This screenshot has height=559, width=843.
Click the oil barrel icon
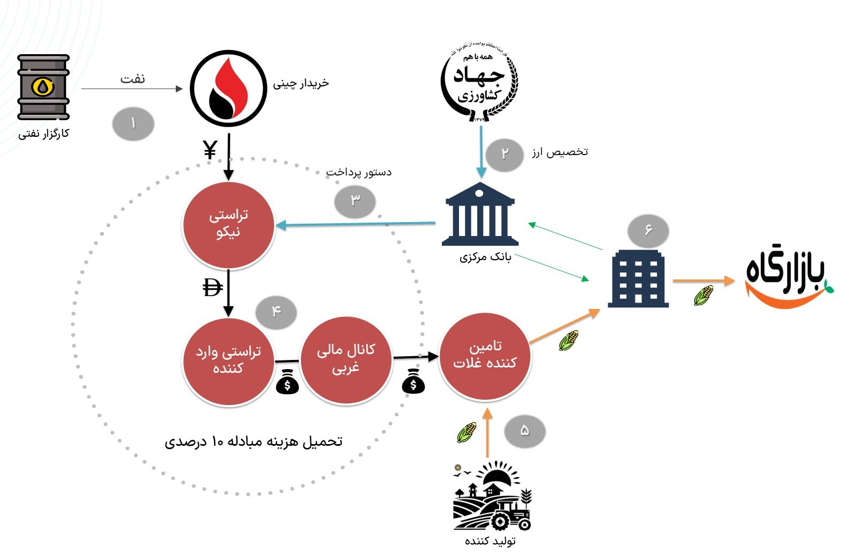pyautogui.click(x=43, y=87)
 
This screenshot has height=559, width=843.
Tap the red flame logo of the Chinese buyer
pyautogui.click(x=228, y=89)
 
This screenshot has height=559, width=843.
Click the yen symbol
pyautogui.click(x=210, y=150)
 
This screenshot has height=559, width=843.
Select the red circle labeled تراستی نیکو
pyautogui.click(x=228, y=225)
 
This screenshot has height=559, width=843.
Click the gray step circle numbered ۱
pyautogui.click(x=133, y=124)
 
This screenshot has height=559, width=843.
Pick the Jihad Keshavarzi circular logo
pyautogui.click(x=479, y=81)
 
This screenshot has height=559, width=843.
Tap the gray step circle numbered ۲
pyautogui.click(x=504, y=155)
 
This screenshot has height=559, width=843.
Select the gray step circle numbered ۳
pyautogui.click(x=355, y=201)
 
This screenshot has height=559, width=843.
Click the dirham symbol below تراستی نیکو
pyautogui.click(x=212, y=288)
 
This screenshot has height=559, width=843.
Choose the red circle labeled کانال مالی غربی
pyautogui.click(x=346, y=358)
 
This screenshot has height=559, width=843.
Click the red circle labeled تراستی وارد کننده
pyautogui.click(x=228, y=361)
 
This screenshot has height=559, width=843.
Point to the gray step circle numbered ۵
pyautogui.click(x=524, y=430)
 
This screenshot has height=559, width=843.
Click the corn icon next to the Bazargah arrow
pyautogui.click(x=704, y=295)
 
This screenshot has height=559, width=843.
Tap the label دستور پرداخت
pyautogui.click(x=359, y=172)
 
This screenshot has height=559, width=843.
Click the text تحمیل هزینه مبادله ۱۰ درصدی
pyautogui.click(x=253, y=442)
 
